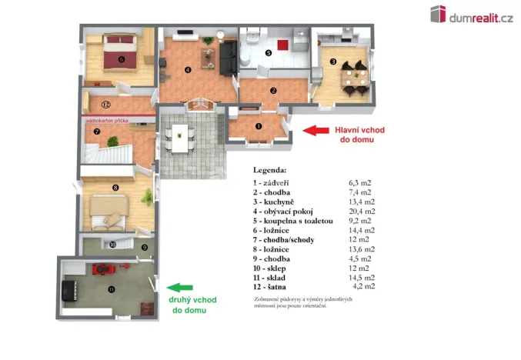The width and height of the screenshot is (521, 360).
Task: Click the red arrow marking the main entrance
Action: click(x=316, y=130)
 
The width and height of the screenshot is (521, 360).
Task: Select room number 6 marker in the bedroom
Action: click(x=121, y=58)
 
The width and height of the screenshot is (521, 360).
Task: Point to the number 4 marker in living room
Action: click(x=188, y=70)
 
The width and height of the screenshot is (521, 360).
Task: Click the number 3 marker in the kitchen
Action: click(x=332, y=62)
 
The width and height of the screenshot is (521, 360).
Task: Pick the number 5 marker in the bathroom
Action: click(x=268, y=53)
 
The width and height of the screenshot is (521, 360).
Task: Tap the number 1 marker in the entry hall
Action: click(x=259, y=126)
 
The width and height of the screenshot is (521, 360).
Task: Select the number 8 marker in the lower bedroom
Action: click(x=115, y=187)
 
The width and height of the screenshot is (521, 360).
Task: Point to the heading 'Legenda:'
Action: click(x=269, y=169)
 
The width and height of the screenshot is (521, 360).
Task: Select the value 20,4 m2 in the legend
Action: click(x=362, y=211)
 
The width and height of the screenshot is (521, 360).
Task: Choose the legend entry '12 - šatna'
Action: click(x=277, y=286)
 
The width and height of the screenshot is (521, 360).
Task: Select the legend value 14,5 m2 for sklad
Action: click(x=362, y=277)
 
